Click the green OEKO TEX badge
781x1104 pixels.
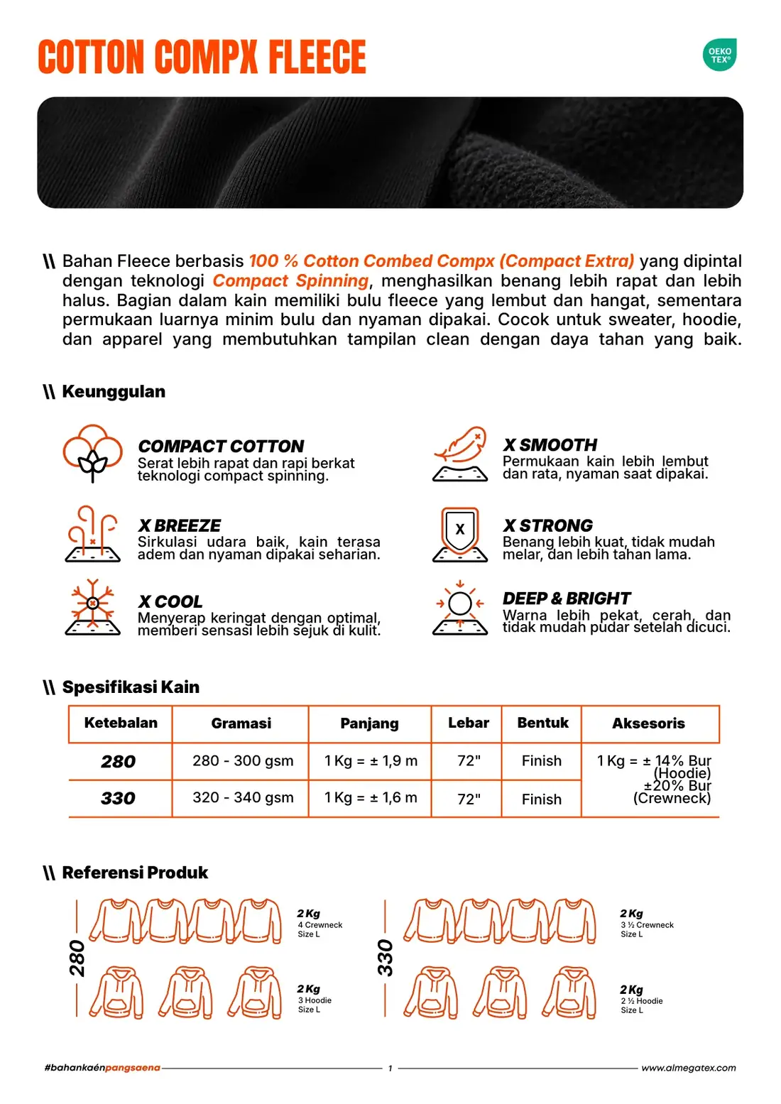click(719, 55)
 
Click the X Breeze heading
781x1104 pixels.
click(180, 525)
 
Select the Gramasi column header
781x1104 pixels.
click(241, 723)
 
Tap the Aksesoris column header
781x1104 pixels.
click(648, 723)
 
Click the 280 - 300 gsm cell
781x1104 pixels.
click(243, 760)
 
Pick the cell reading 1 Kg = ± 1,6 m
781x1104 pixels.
click(371, 797)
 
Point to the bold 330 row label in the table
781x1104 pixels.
click(119, 799)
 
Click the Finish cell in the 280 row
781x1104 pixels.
click(542, 761)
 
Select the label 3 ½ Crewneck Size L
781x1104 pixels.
click(647, 929)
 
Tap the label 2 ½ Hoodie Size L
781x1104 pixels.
click(642, 1005)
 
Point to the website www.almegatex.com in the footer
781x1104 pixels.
click(689, 1068)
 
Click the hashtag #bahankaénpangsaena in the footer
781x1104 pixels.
click(102, 1068)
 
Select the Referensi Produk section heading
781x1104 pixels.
click(135, 873)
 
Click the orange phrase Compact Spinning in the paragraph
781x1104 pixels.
click(290, 280)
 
